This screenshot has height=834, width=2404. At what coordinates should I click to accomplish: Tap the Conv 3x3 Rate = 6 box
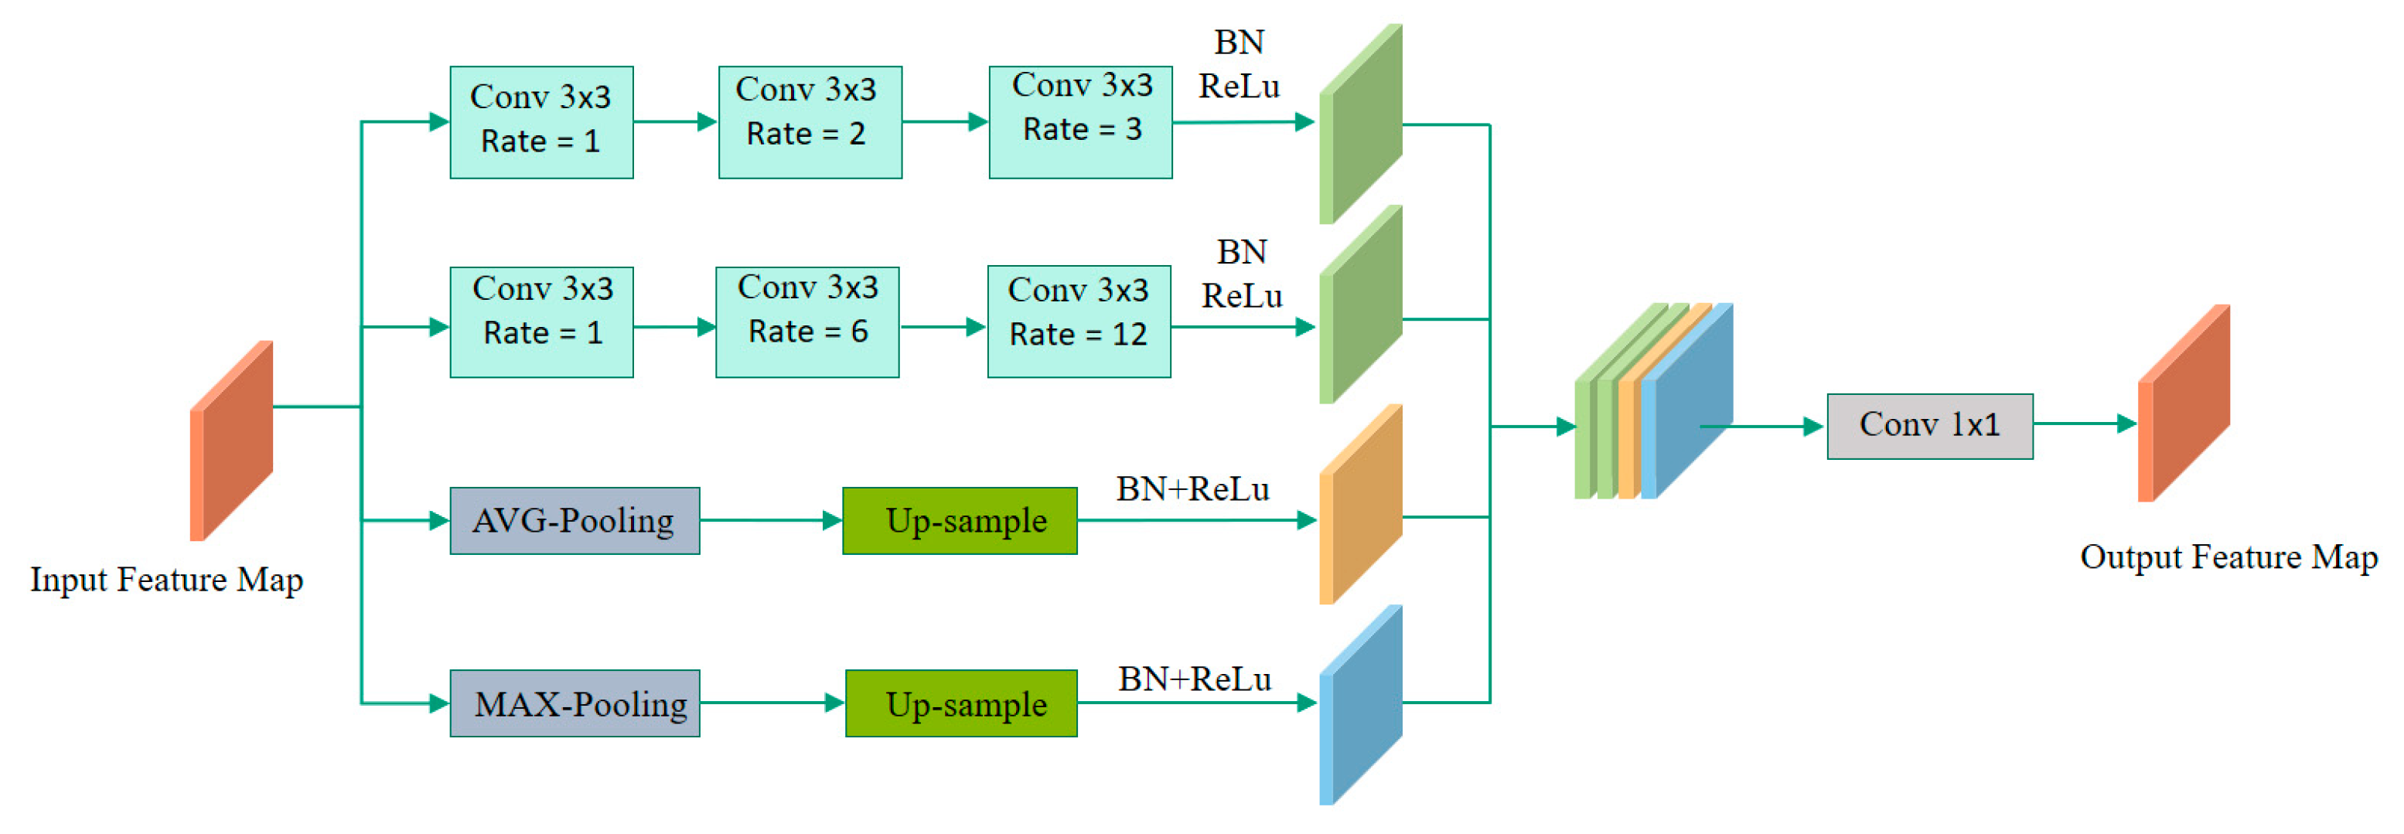(x=806, y=322)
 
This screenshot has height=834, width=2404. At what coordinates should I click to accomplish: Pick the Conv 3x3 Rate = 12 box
(x=1078, y=322)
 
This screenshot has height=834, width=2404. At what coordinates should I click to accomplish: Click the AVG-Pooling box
(x=574, y=520)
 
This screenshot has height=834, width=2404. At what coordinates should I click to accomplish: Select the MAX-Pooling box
(x=574, y=703)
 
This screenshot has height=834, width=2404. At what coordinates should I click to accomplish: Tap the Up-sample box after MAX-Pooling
(x=960, y=703)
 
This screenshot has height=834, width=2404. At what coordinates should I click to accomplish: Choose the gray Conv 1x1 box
(x=1929, y=425)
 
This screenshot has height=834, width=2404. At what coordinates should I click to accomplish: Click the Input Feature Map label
(x=166, y=580)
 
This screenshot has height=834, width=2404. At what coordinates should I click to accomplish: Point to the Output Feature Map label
(x=2228, y=557)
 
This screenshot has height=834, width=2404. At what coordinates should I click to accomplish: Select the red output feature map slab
(x=2184, y=403)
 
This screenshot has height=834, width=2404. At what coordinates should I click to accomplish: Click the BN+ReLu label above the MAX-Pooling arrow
(x=1194, y=678)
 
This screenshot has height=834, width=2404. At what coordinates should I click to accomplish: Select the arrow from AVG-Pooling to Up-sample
(x=770, y=520)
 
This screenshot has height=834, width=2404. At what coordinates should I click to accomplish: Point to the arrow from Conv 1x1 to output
(x=2084, y=424)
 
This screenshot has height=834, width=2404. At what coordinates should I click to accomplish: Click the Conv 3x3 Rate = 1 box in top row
(x=541, y=122)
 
